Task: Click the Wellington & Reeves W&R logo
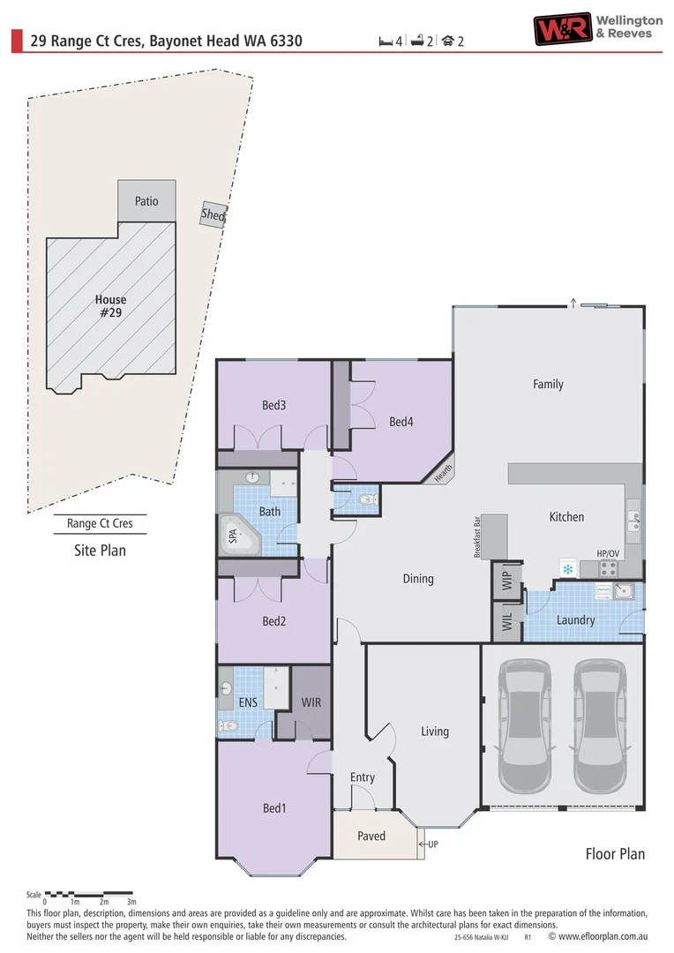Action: coord(560,28)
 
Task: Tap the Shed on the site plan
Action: coord(213,214)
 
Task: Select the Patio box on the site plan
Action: coord(146,201)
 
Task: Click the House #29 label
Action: coord(110,306)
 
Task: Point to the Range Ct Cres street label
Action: coord(100,523)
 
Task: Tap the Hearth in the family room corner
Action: coord(443,474)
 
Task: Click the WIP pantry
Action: coord(506,580)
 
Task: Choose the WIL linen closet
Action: coord(506,621)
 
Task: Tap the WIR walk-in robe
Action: coord(311,703)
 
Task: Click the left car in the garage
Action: coord(526,728)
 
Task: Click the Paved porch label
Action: coord(371,836)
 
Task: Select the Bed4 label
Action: coord(401,422)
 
